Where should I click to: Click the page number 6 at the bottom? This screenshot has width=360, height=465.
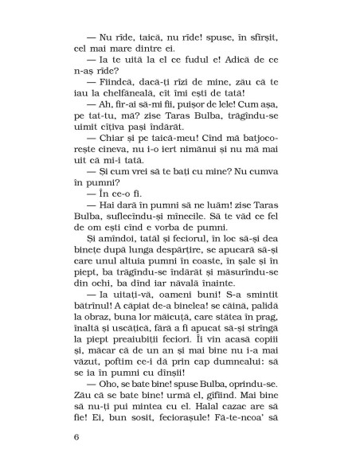coord(76,437)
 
